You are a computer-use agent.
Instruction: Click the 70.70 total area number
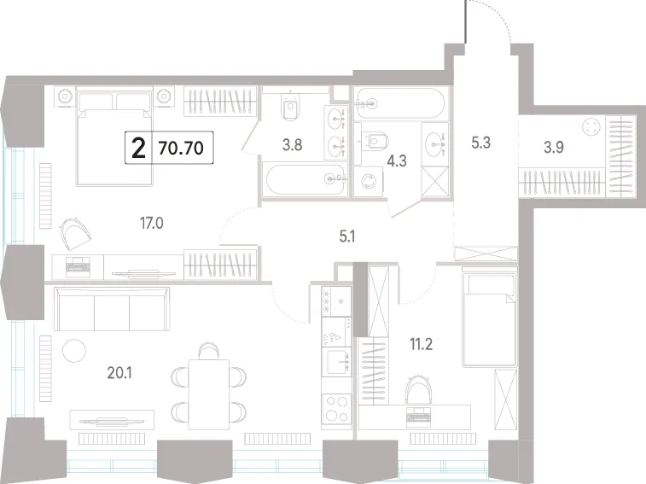(181, 148)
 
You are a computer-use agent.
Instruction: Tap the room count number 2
(138, 148)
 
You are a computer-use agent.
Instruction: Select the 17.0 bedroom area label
(152, 224)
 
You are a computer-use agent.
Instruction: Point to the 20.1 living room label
(119, 373)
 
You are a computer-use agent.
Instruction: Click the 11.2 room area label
(421, 344)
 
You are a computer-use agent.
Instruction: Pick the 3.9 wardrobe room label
(554, 147)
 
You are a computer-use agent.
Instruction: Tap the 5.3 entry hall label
(480, 143)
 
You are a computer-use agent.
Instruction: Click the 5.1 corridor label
(347, 236)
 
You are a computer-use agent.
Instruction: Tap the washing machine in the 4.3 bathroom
(369, 181)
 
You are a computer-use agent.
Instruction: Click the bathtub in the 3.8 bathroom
(306, 180)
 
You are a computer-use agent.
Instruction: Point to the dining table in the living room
(209, 394)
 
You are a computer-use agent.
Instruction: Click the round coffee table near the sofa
(74, 351)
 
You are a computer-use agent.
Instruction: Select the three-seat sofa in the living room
(112, 309)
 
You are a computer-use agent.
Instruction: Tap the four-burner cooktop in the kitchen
(336, 409)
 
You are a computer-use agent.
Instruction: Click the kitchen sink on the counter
(336, 362)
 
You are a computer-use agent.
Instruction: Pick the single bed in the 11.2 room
(490, 317)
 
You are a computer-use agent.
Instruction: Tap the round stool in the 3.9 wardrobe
(591, 126)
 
